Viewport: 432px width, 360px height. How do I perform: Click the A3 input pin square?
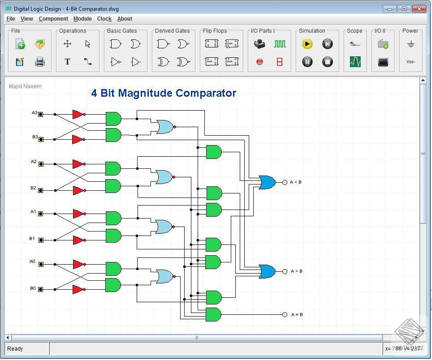pos(40,114)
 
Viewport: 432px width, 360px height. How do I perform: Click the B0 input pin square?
pos(40,290)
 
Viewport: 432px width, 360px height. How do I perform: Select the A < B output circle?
pos(285,182)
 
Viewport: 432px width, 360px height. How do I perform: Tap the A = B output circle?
pos(285,315)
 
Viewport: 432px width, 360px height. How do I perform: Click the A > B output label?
pos(296,271)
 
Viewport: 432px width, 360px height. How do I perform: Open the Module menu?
pos(82,19)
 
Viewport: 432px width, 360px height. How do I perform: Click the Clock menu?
pos(104,19)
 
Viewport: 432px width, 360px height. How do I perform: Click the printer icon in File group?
pos(40,62)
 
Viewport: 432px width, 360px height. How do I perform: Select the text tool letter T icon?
pos(67,62)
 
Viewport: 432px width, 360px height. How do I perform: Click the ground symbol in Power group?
pos(410,44)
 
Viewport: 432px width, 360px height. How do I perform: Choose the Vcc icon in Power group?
pos(410,62)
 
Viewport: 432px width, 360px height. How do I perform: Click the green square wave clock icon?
pos(280,44)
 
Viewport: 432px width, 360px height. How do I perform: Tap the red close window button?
pos(419,9)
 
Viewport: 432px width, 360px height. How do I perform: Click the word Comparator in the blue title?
pos(206,93)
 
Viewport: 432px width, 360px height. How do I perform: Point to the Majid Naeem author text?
pos(25,86)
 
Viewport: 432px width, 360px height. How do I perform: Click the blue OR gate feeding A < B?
pos(267,182)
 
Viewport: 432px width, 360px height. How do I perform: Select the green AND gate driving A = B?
pos(213,315)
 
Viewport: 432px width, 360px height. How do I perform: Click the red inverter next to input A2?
pos(78,164)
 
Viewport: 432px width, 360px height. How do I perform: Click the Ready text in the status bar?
pos(15,349)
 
